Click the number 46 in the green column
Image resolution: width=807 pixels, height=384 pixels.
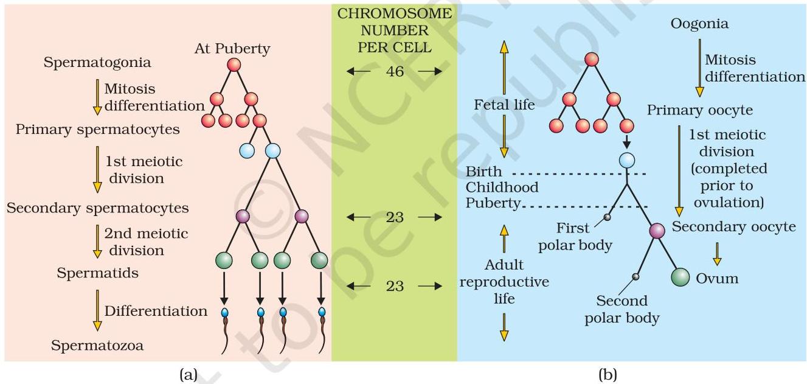(x=395, y=71)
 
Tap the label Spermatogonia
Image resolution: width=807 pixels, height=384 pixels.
(x=97, y=63)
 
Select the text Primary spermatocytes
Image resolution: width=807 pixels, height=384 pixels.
(x=98, y=130)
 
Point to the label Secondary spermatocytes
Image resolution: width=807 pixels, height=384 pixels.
(x=98, y=208)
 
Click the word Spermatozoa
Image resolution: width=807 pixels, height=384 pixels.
(x=97, y=346)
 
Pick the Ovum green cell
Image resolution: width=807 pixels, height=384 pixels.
(x=680, y=278)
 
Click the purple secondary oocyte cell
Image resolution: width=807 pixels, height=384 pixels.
(x=657, y=231)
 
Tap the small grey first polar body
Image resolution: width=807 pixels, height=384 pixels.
(x=607, y=217)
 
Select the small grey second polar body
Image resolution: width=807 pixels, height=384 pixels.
(x=636, y=276)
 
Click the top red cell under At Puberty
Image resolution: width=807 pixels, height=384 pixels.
(x=234, y=65)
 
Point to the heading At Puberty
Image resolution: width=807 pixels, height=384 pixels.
(x=232, y=49)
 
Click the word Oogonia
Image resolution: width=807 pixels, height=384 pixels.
(x=699, y=24)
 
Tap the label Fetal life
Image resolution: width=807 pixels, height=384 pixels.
(x=504, y=105)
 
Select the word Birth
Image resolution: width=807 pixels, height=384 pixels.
(x=483, y=172)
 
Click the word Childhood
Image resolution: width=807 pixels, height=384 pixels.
(x=502, y=187)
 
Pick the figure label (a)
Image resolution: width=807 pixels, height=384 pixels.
(x=189, y=375)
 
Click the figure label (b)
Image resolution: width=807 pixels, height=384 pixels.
(x=608, y=375)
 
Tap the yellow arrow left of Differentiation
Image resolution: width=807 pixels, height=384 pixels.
(x=97, y=310)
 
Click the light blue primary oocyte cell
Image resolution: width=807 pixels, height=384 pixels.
(x=627, y=161)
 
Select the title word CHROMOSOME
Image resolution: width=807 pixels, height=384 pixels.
(x=395, y=14)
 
